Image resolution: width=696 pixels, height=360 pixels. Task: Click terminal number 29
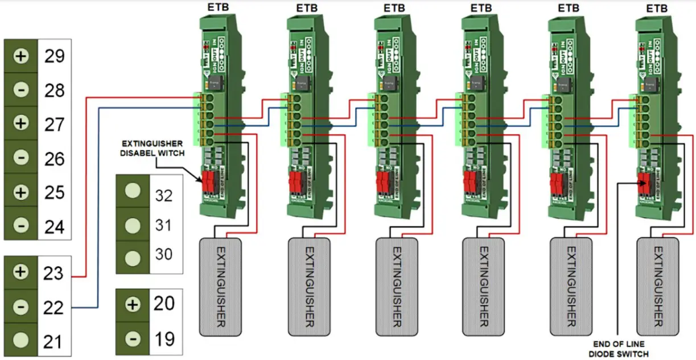(55, 56)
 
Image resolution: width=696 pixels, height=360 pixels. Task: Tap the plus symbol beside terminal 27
(21, 123)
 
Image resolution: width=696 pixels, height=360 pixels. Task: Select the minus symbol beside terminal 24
(21, 225)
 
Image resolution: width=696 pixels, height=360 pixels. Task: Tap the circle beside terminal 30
(133, 254)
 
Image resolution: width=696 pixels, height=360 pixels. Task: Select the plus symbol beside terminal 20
(133, 305)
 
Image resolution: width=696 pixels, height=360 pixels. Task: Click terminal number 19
(164, 339)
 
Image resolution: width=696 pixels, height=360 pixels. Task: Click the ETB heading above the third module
(394, 8)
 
